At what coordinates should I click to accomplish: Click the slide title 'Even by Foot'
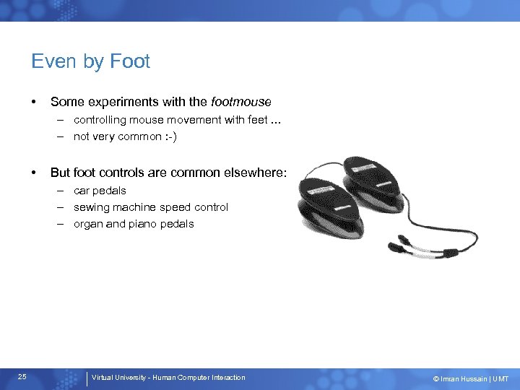90,61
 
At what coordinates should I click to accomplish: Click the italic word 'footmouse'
241,103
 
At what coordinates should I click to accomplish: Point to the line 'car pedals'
100,191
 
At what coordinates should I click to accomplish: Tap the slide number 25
22,377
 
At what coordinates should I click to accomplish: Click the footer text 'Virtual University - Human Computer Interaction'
168,378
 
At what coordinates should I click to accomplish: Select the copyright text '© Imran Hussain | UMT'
470,378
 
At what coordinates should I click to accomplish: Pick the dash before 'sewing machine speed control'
63,207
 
